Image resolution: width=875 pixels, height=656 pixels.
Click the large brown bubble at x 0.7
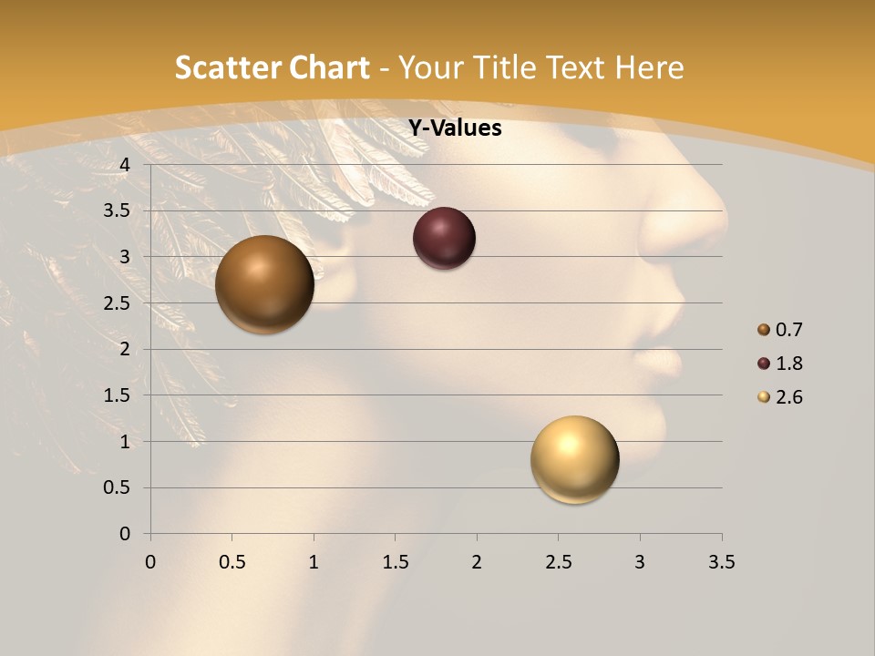click(264, 284)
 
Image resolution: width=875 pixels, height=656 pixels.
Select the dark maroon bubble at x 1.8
click(444, 239)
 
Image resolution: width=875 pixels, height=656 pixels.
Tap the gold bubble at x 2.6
click(574, 459)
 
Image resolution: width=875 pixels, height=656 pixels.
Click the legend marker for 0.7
click(764, 330)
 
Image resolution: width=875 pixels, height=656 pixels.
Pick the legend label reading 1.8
click(789, 364)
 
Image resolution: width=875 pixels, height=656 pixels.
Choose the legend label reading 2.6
click(789, 397)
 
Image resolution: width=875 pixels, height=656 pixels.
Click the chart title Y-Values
click(455, 128)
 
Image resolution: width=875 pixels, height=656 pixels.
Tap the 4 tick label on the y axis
click(125, 165)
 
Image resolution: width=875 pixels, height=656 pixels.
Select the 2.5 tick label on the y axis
click(118, 303)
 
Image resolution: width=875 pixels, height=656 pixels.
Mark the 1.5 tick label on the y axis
click(118, 395)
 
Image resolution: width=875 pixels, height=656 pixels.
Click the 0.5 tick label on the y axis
click(118, 487)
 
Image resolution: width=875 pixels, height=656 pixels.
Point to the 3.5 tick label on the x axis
click(721, 562)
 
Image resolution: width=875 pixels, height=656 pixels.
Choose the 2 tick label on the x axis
click(477, 562)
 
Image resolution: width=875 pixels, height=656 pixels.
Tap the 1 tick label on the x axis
click(314, 562)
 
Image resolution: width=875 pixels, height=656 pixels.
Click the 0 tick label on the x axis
click(150, 562)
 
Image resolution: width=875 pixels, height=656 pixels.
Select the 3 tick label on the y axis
click(125, 257)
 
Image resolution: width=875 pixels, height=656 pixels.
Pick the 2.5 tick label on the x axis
click(558, 562)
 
